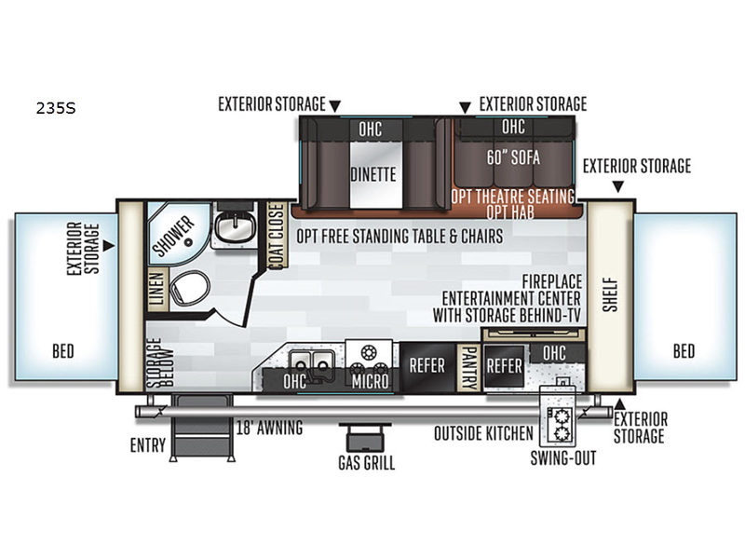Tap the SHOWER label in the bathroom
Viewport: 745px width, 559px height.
click(x=174, y=235)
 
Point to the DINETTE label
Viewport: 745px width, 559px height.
click(x=373, y=173)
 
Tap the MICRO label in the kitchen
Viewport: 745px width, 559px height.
click(x=371, y=381)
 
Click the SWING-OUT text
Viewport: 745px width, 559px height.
click(x=562, y=457)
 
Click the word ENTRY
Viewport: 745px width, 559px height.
click(x=147, y=445)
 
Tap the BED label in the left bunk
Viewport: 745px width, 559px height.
click(x=63, y=351)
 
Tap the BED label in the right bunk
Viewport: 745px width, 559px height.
click(x=684, y=351)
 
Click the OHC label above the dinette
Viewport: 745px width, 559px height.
click(x=370, y=128)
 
